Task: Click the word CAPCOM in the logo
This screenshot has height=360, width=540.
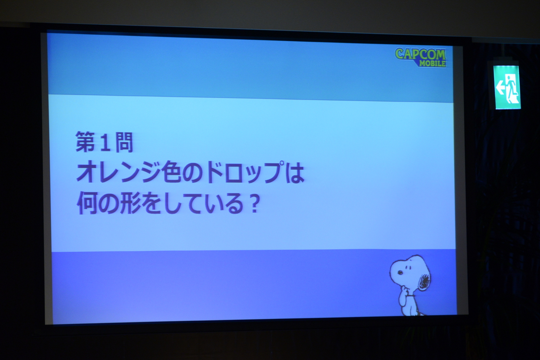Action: point(421,54)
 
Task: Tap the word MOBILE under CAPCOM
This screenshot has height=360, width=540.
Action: point(432,63)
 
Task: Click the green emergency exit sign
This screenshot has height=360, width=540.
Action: point(507,87)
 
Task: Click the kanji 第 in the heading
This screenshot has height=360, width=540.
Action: point(85,142)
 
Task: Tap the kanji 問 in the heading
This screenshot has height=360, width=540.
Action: point(124,143)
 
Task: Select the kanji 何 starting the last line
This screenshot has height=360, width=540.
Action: point(87,203)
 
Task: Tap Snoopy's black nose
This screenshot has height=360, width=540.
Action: point(399,273)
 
